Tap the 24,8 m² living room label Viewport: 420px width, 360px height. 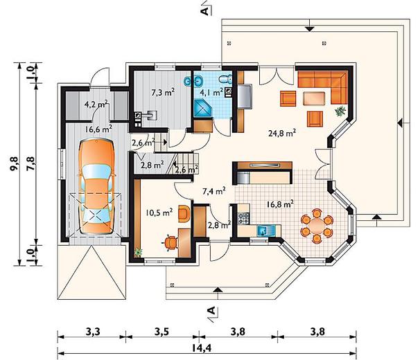pos(282,133)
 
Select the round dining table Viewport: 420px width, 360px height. pos(317,226)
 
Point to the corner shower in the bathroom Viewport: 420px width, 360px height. pos(202,109)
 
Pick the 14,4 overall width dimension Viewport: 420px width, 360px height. pos(202,348)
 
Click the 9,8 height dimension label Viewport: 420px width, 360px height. pos(15,163)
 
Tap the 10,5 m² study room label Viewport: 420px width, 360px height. pos(159,213)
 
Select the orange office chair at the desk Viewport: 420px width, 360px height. pos(170,243)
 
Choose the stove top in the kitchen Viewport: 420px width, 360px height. pos(243,217)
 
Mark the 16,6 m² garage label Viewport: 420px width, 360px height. pos(98,129)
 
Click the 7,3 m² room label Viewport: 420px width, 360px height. pos(163,93)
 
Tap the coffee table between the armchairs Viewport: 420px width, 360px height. pos(314,98)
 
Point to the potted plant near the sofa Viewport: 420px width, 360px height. pos(340,111)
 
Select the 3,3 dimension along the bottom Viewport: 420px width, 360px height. pos(93,332)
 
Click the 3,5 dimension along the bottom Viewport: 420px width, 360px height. pos(161,332)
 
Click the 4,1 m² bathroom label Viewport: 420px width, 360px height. pos(211,93)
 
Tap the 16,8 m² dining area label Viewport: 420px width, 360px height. pos(280,204)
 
